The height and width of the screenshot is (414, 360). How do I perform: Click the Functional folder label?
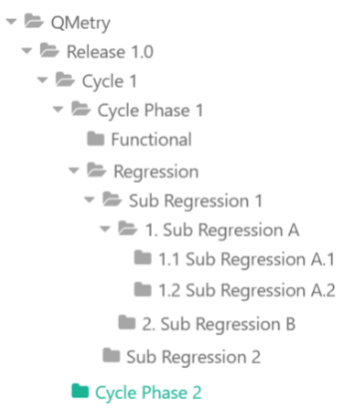coord(151,140)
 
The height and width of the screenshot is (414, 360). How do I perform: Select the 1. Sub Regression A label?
coord(221,230)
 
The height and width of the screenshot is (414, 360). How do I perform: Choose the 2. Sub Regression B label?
coord(218,323)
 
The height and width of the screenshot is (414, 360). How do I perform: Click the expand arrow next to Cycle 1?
coord(41,80)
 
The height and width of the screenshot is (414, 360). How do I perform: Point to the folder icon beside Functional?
coord(96,140)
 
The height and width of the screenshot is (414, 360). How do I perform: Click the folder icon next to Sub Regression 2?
coord(111,354)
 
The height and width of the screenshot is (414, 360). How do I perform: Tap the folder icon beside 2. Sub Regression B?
coord(127,323)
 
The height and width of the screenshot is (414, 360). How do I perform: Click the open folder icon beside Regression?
coord(97,171)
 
